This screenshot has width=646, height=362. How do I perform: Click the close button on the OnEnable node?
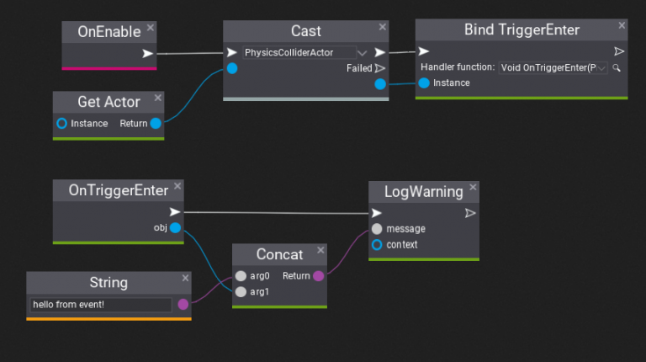[x=150, y=28]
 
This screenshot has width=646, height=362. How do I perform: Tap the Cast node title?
[x=305, y=31]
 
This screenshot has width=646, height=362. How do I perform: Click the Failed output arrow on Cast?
[x=379, y=68]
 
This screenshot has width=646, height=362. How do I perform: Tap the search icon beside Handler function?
[x=617, y=67]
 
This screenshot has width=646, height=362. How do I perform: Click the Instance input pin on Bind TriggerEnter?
[x=424, y=83]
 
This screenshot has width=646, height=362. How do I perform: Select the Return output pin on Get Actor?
[x=156, y=124]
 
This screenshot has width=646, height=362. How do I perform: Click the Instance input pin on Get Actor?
[x=61, y=124]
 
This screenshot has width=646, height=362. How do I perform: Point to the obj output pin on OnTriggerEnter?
[x=175, y=227]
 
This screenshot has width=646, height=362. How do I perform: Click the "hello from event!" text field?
[x=101, y=305]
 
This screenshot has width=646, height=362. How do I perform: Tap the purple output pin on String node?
[x=183, y=305]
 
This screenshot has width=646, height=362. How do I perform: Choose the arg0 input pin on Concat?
[x=241, y=276]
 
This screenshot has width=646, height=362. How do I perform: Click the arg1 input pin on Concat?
[x=241, y=291]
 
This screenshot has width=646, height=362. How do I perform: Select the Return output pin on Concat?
[x=318, y=276]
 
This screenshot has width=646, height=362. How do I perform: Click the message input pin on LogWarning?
[x=377, y=229]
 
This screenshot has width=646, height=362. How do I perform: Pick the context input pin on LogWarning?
[x=377, y=245]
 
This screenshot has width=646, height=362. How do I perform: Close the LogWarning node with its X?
[x=472, y=187]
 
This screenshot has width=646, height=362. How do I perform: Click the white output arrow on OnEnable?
[x=148, y=54]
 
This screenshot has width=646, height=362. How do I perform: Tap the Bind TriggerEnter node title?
[x=522, y=30]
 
